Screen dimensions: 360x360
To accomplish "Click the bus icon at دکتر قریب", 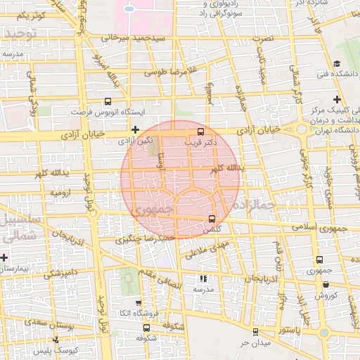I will tap(201, 131).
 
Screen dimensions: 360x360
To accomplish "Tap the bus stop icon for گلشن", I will tap(212, 219).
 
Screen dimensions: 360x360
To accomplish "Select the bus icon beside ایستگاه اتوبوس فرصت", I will tap(108, 101).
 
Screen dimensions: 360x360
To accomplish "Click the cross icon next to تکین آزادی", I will tap(136, 129).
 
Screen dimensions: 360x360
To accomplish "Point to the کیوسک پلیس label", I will tap(77, 349).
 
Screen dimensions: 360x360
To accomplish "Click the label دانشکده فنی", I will tap(333, 74).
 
